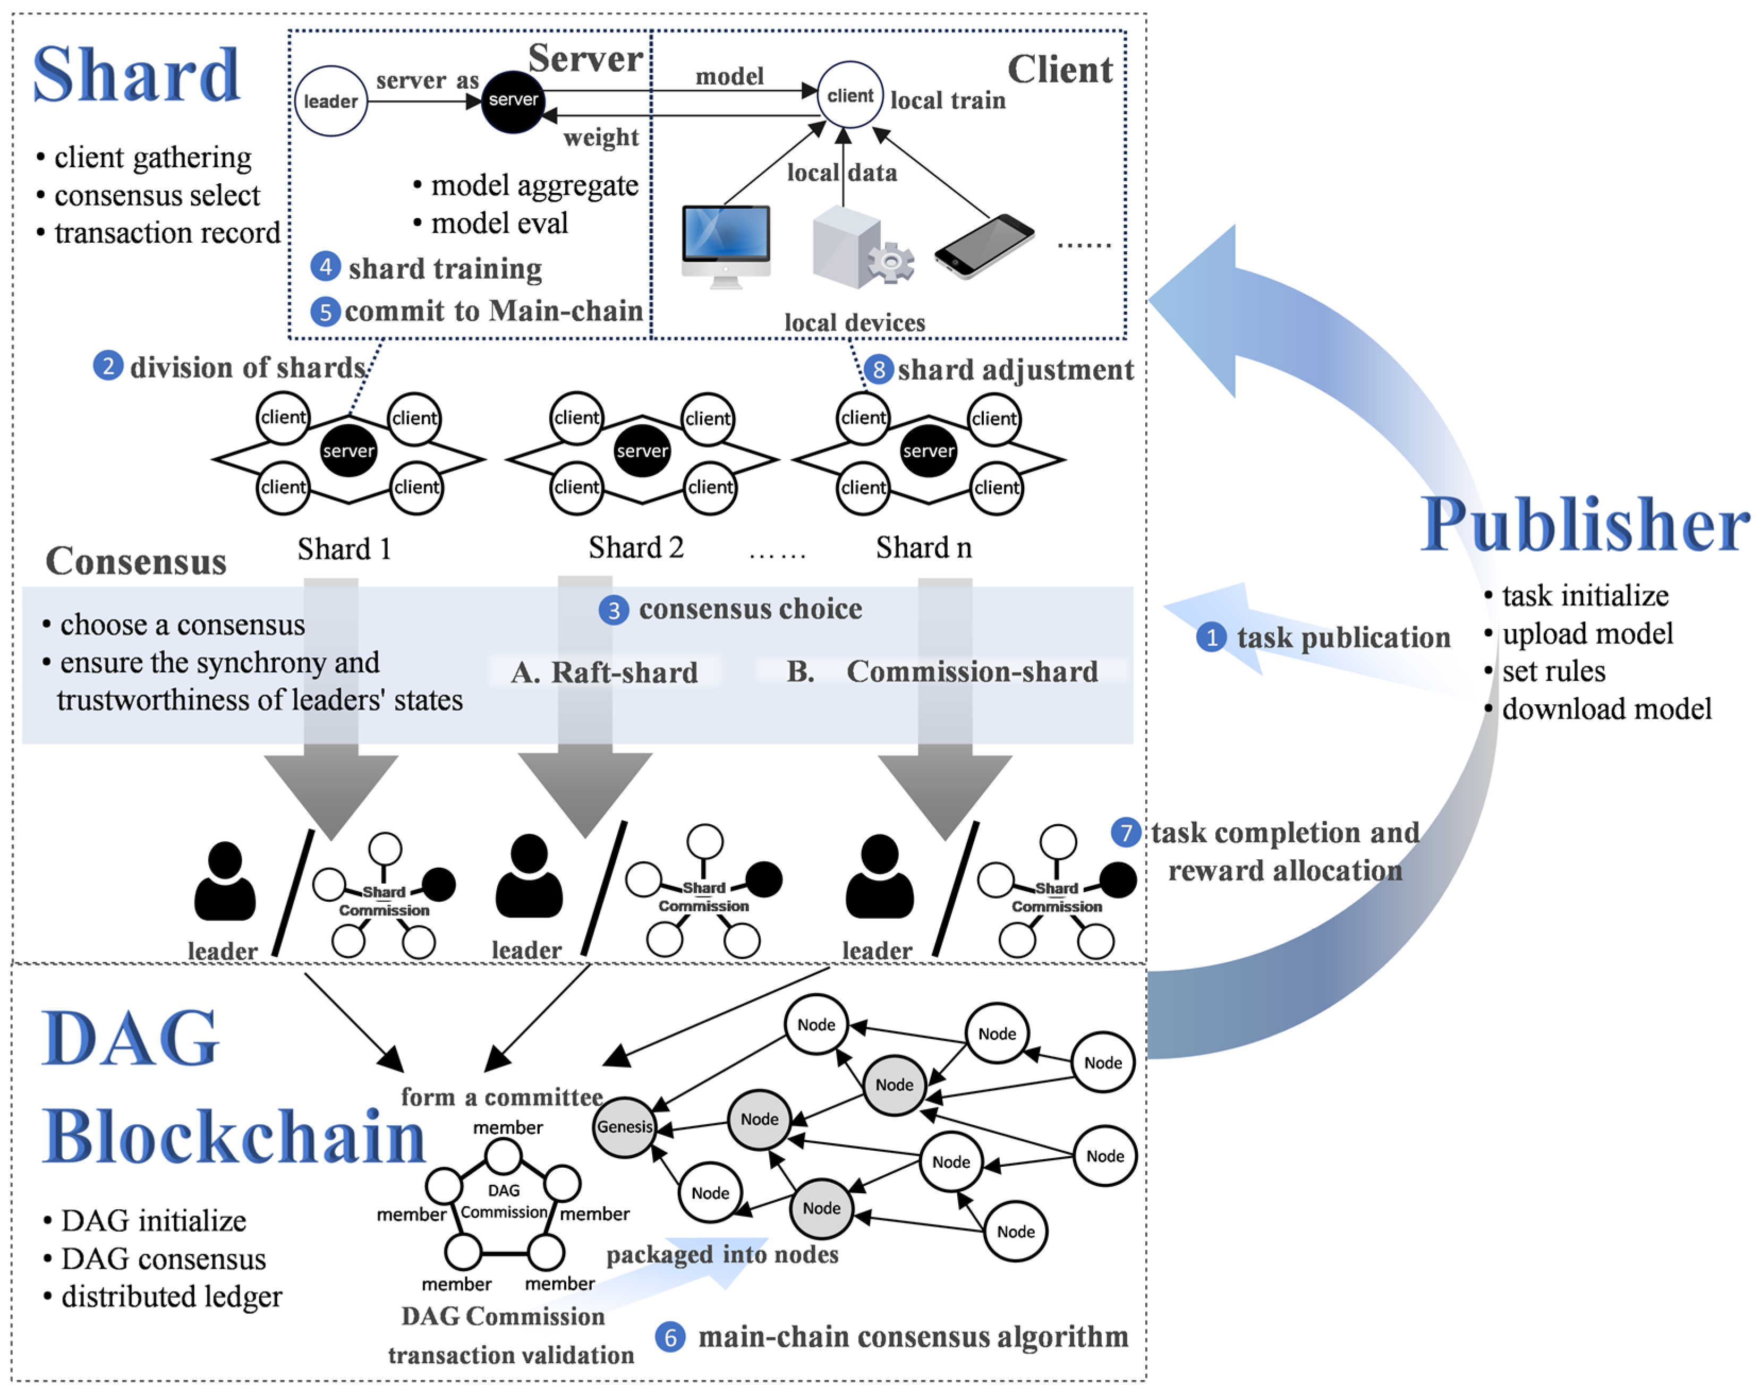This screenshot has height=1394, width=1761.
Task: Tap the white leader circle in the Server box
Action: click(330, 101)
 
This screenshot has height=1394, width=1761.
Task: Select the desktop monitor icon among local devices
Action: click(725, 245)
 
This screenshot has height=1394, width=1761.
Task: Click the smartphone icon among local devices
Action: click(984, 246)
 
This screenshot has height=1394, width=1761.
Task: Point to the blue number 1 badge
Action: click(1211, 637)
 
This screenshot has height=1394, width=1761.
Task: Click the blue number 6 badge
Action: click(670, 1337)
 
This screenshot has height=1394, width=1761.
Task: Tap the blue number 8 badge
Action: click(879, 370)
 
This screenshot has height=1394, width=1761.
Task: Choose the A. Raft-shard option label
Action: click(604, 672)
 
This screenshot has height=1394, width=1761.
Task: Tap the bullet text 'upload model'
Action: click(1587, 634)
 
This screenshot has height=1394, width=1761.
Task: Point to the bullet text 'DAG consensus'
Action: click(163, 1259)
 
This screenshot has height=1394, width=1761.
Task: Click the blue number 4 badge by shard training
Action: click(325, 267)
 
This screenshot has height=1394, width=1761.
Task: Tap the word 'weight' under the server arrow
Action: click(601, 137)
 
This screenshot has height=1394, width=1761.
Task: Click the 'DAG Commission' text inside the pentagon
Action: click(503, 1201)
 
